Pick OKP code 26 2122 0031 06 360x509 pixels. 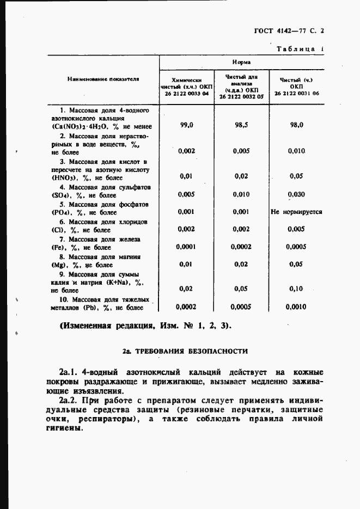coord(297,94)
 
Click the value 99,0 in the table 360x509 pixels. coord(187,125)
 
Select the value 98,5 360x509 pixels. coord(241,125)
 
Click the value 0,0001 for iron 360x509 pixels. coord(187,247)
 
